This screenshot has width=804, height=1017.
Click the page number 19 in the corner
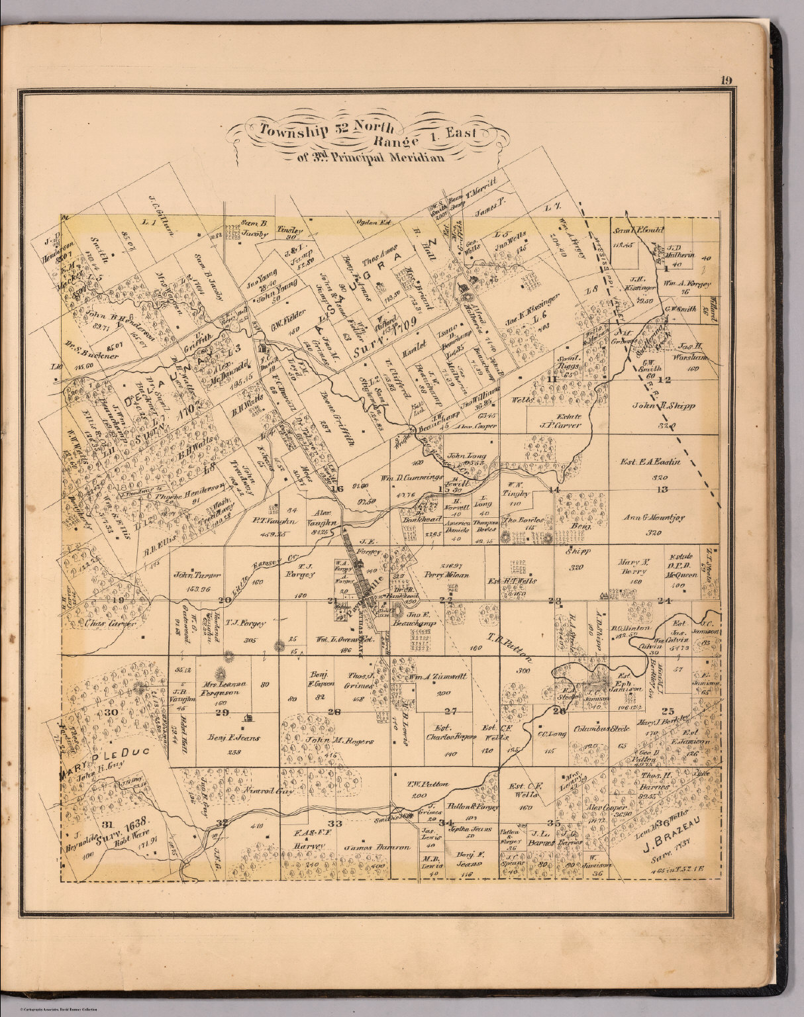pyautogui.click(x=727, y=81)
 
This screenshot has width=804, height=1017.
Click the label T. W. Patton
pyautogui.click(x=428, y=784)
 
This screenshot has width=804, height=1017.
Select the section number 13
pyautogui.click(x=662, y=489)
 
